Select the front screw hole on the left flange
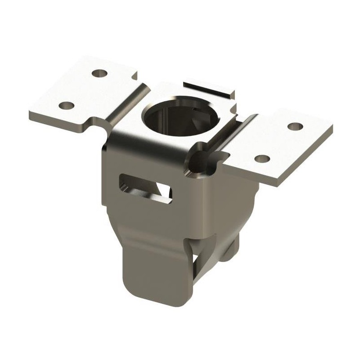67,106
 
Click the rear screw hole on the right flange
294,126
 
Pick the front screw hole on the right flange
263,158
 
